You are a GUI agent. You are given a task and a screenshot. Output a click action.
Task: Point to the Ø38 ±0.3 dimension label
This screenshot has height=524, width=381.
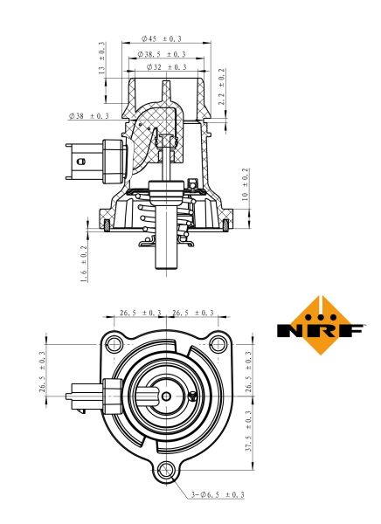[88, 115]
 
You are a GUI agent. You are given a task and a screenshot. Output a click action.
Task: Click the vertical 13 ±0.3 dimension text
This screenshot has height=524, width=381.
[101, 58]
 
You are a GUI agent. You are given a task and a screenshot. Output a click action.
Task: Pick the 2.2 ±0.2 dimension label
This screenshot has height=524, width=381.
[222, 87]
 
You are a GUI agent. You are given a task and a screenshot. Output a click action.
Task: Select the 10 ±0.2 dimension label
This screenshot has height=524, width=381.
[245, 184]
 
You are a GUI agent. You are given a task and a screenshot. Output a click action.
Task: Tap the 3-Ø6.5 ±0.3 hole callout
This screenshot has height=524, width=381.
[217, 494]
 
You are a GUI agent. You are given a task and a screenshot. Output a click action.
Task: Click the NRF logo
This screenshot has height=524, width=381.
[321, 329]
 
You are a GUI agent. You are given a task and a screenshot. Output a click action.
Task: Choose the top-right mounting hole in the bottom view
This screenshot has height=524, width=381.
[217, 341]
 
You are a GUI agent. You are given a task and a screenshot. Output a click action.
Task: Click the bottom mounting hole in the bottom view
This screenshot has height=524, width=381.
[166, 472]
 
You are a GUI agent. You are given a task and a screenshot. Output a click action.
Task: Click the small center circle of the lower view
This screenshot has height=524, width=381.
[166, 396]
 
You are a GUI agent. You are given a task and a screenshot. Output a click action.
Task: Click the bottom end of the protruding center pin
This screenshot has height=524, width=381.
[165, 273]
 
